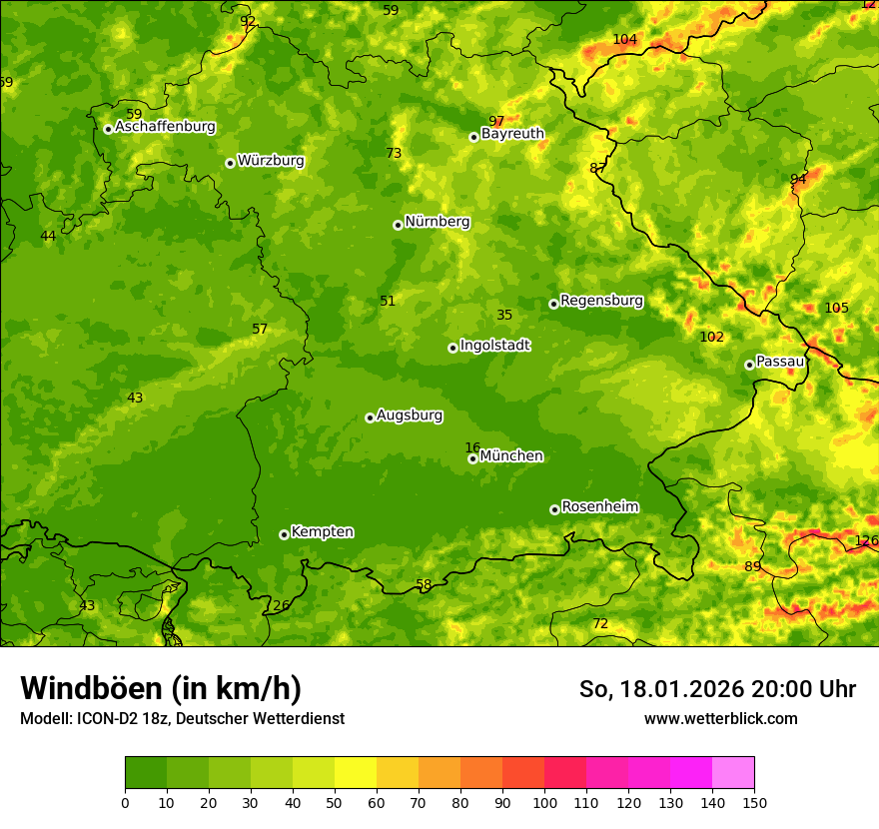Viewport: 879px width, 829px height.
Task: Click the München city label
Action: pos(511,456)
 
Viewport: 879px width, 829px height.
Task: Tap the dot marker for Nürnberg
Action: pos(398,225)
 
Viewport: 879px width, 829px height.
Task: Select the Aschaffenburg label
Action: pos(165,127)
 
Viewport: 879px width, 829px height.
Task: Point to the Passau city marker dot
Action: pos(749,365)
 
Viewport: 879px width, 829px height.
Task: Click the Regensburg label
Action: pos(601,301)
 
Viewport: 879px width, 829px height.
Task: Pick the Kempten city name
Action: pos(322,532)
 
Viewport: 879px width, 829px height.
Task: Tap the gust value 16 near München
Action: pos(472,447)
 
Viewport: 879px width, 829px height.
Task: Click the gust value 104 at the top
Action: pos(624,39)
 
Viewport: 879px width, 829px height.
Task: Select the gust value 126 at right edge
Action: pos(866,540)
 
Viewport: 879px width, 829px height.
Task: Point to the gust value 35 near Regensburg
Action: pos(504,315)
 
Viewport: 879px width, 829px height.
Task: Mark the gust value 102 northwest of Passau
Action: pos(711,337)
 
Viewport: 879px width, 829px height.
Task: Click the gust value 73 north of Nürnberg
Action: pos(394,153)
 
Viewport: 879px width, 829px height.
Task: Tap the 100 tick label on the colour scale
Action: pos(544,802)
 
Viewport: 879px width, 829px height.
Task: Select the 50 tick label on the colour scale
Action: pos(335,802)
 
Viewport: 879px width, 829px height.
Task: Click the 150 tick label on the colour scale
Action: pos(754,802)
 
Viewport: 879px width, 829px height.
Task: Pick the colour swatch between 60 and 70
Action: pos(398,772)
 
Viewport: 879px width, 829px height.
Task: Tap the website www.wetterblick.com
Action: pos(720,718)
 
